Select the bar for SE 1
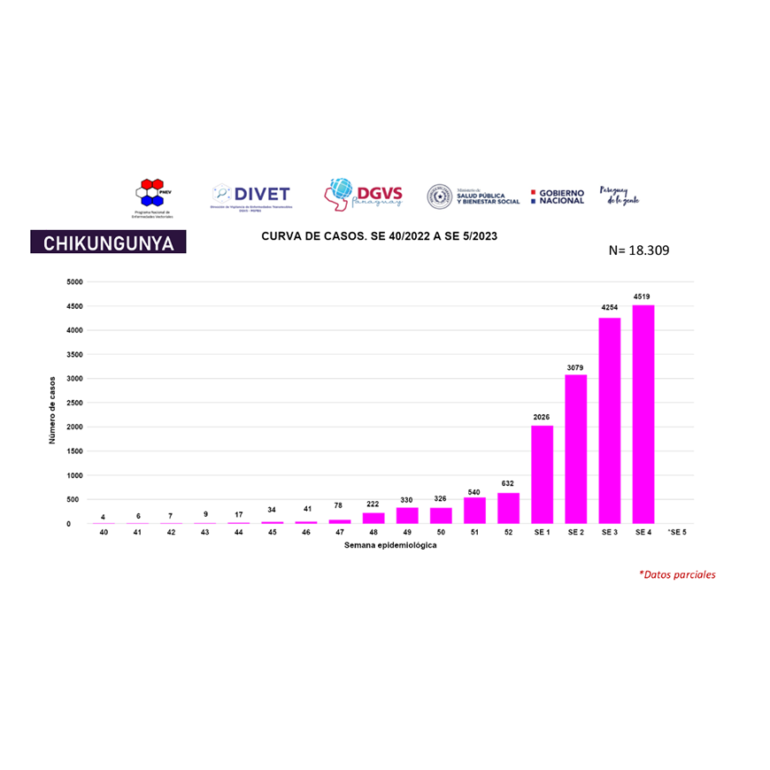542,474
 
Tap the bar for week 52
508,508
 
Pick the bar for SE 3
610,420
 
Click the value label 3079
576,366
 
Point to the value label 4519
643,296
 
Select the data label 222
373,504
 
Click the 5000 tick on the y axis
75,282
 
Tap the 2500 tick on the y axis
75,403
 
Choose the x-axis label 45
272,532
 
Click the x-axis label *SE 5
677,532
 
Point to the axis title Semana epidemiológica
390,545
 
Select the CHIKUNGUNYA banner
108,243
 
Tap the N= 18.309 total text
639,250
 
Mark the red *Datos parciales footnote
677,574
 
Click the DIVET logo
251,195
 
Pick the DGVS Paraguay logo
364,192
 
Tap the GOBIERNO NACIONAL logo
558,196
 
